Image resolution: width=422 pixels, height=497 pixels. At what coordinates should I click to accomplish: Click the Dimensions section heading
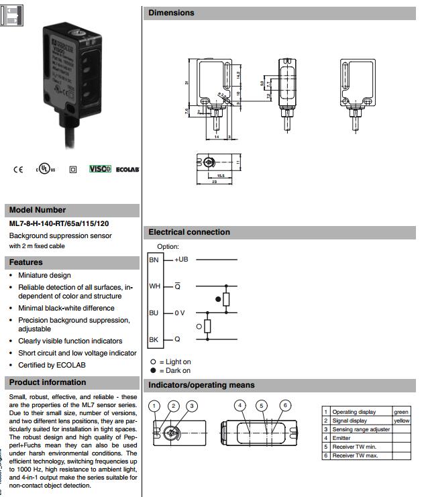click(172, 13)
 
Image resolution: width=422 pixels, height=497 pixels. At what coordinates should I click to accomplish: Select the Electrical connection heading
click(189, 232)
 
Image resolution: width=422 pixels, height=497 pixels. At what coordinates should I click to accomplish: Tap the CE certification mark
click(18, 170)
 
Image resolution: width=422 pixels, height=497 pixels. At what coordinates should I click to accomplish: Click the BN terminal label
click(154, 259)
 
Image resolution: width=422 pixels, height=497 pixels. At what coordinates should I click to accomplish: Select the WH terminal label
click(154, 286)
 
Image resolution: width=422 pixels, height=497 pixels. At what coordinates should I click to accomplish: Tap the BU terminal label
click(154, 313)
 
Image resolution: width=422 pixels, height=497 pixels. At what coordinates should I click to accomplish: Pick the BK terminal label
click(154, 339)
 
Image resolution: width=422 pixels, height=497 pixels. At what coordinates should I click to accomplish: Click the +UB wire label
click(181, 259)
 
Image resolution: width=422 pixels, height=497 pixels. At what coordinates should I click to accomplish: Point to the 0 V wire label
click(180, 313)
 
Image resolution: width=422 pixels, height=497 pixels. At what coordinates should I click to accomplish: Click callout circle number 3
click(192, 406)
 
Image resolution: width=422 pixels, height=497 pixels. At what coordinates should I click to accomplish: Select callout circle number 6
click(285, 405)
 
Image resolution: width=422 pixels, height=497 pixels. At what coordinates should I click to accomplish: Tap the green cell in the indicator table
click(401, 412)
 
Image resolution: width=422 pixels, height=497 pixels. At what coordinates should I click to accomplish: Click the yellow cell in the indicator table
click(401, 421)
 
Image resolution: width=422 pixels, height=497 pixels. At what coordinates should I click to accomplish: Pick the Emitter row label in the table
click(341, 438)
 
